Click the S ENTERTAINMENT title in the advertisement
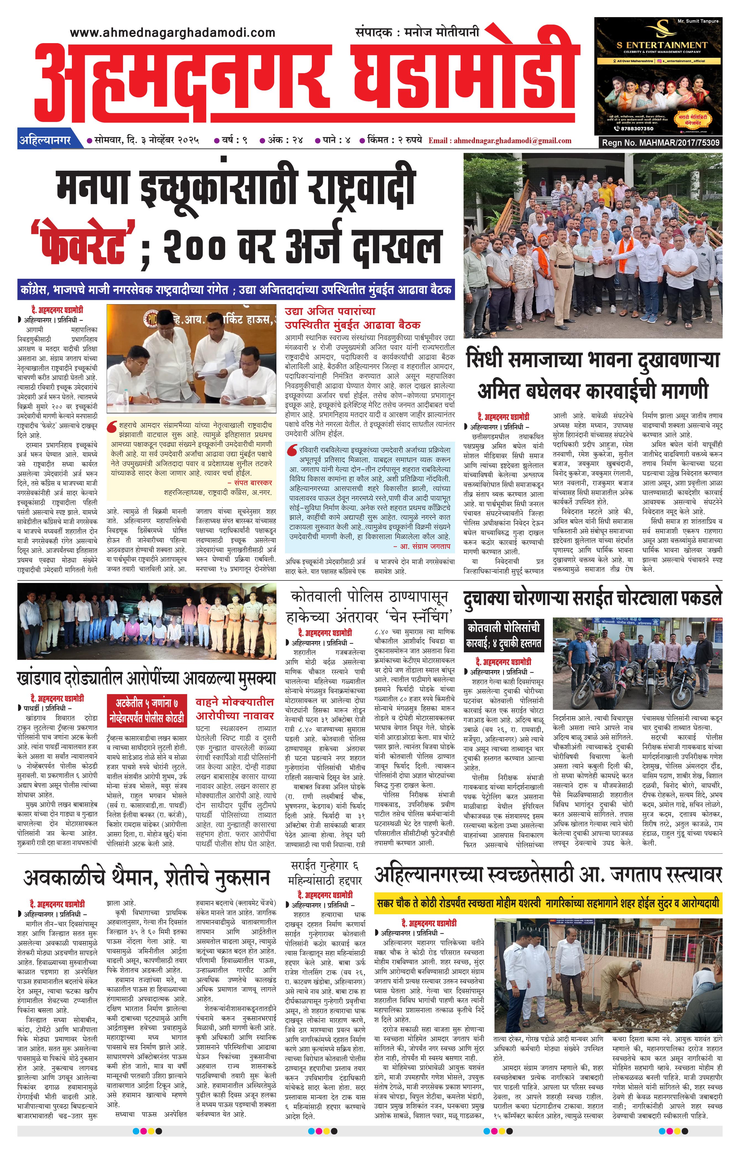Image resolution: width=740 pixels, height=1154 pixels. (662, 45)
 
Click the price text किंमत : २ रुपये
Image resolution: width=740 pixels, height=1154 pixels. (394, 140)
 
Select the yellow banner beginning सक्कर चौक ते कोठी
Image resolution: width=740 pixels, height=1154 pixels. (548, 903)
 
